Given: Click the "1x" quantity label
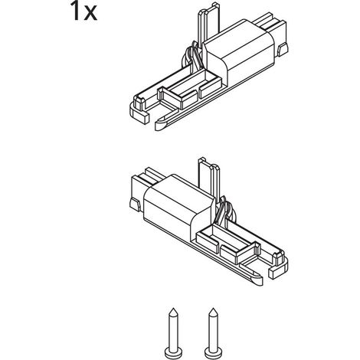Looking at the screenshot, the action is tap(83, 11).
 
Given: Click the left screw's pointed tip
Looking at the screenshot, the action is tap(173, 309).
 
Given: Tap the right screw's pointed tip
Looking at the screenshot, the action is tap(213, 309).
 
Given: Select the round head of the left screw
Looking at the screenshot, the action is tap(173, 354).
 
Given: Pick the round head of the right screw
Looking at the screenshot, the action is tap(213, 354).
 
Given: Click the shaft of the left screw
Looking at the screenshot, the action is tap(173, 332).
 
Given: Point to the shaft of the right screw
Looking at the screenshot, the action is tap(213, 332).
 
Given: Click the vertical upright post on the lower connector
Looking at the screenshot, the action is tap(209, 178).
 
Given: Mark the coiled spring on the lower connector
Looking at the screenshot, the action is tap(224, 212).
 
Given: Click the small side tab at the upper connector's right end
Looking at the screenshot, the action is tap(283, 50).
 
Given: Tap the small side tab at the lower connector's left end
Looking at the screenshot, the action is tap(136, 205).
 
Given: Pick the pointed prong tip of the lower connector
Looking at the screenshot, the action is tap(256, 280).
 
